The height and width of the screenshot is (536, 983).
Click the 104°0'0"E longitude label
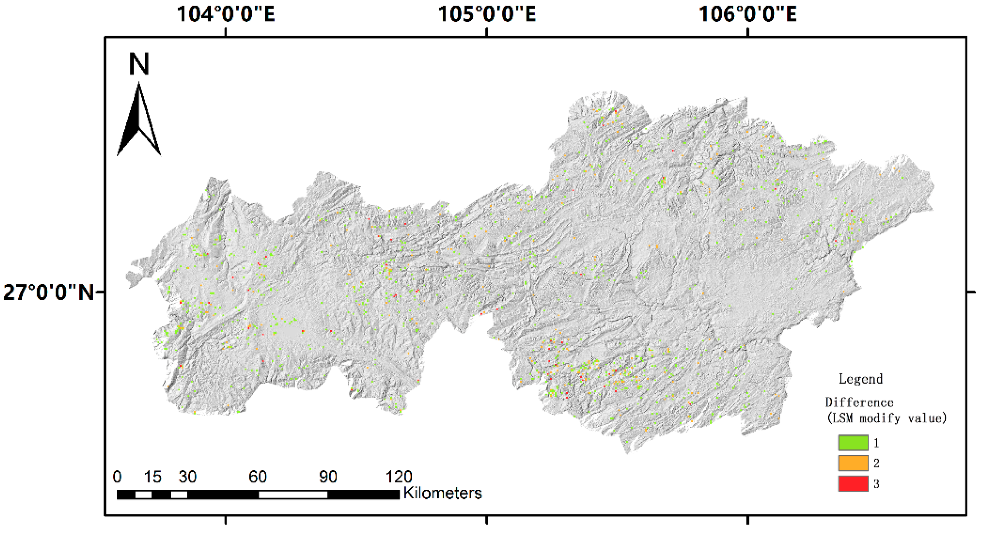click(x=226, y=14)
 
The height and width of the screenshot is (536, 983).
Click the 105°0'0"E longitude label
click(x=487, y=14)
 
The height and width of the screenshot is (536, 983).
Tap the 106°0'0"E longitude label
click(x=747, y=14)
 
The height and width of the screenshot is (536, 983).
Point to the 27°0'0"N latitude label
click(x=48, y=292)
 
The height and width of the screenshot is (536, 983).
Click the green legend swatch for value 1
click(x=853, y=443)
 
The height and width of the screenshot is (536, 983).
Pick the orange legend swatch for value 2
click(x=853, y=463)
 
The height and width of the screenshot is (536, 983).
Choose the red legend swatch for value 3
click(x=853, y=484)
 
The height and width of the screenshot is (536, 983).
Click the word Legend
click(x=860, y=379)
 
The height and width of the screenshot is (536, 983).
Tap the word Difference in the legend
click(x=859, y=402)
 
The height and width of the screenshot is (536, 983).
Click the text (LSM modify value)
click(x=886, y=419)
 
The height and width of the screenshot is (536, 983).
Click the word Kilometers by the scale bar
click(x=442, y=493)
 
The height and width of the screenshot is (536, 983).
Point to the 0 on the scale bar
click(x=117, y=477)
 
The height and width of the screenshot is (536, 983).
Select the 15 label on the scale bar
click(x=152, y=477)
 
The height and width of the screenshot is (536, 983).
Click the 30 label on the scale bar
click(x=187, y=477)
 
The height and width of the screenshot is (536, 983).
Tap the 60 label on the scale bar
click(x=258, y=477)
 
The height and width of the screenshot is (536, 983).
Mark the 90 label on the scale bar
click(x=328, y=477)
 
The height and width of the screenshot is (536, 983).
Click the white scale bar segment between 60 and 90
click(x=293, y=495)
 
